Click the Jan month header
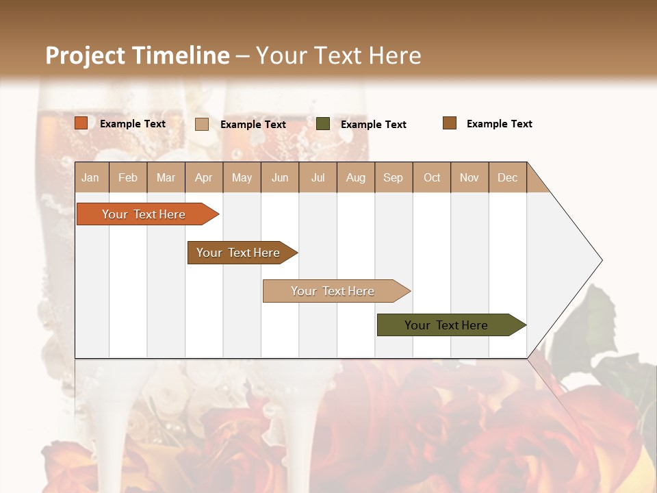click(90, 177)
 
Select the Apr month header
click(203, 177)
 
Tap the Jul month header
click(318, 177)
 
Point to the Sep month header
click(393, 177)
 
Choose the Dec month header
click(507, 177)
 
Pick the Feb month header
click(128, 177)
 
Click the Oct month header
click(432, 177)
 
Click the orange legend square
click(81, 123)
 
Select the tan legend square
click(202, 124)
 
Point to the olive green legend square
click(323, 124)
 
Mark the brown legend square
click(450, 123)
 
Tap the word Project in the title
click(86, 55)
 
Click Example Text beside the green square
click(373, 124)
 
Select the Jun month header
click(280, 177)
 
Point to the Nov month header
click(469, 177)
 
